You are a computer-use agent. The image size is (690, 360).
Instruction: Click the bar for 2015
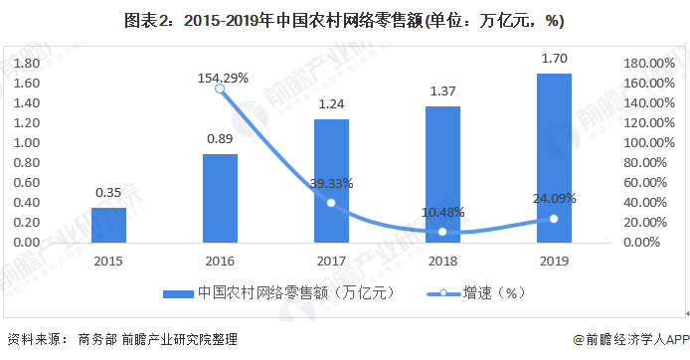(109, 225)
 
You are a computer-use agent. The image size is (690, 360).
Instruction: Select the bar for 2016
(220, 198)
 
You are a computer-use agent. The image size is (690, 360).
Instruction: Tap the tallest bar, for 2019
(555, 157)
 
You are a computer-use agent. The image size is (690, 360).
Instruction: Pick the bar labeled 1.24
(331, 180)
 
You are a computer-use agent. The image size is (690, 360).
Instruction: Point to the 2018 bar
(442, 174)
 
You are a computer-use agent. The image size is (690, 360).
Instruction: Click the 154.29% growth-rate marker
(220, 89)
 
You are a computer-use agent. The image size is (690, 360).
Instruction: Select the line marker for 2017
(331, 203)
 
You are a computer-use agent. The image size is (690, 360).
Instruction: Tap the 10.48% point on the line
(442, 232)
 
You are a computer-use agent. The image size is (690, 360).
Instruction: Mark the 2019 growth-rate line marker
(554, 219)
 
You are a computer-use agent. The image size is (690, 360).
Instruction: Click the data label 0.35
(109, 192)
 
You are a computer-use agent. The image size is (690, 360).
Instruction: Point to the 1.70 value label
(555, 59)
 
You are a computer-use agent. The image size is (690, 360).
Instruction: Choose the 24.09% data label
(554, 197)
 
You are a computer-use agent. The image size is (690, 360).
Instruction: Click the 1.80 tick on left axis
(26, 63)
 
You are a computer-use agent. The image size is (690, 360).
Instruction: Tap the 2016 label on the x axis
(220, 260)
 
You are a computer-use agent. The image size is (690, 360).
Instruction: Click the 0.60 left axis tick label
(26, 182)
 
